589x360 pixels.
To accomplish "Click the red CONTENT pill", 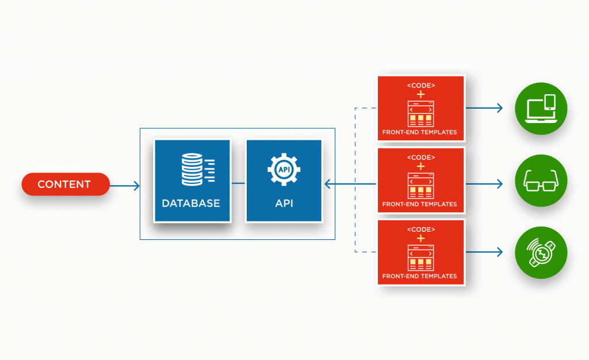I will pos(65,185).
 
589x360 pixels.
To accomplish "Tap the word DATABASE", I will pos(191,203).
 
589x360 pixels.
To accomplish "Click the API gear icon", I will pos(284,168).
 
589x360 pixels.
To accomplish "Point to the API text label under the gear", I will pos(284,203).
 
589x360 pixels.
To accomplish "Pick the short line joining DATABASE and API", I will pos(238,184).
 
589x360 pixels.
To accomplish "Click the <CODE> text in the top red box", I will pos(420,86).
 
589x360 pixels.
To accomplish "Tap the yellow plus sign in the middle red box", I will pos(420,167).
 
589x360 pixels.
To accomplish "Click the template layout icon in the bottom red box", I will pos(420,258).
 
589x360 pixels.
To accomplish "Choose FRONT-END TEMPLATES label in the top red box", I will pos(420,132).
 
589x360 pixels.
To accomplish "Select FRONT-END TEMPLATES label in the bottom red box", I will pos(420,276).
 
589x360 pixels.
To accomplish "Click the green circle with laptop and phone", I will pos(541,108).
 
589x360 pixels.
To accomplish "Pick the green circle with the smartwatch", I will pos(541,252).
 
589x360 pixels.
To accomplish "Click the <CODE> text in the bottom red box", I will pos(420,229).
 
